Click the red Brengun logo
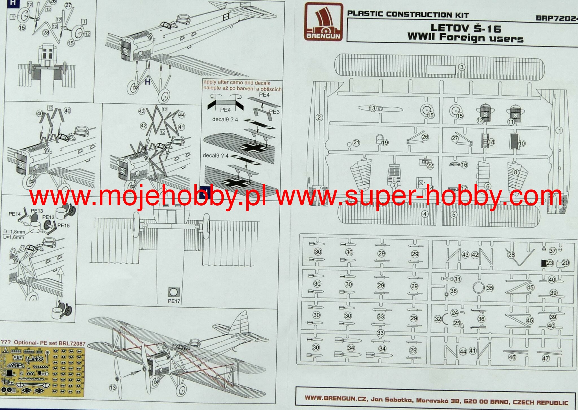pos(323,22)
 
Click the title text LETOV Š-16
pos(466,28)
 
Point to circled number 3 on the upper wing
pos(462,67)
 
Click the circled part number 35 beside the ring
pos(490,288)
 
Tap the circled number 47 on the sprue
pos(546,358)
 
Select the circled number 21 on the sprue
pos(356,143)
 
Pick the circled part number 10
pos(522,143)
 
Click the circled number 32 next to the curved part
pos(438,319)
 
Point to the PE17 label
pos(174,301)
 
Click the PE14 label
pos(15,214)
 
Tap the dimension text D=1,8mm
pos(14,232)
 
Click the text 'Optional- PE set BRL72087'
pos(49,343)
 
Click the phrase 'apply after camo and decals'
pos(237,83)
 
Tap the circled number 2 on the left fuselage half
pos(319,118)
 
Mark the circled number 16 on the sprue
pos(464,165)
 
